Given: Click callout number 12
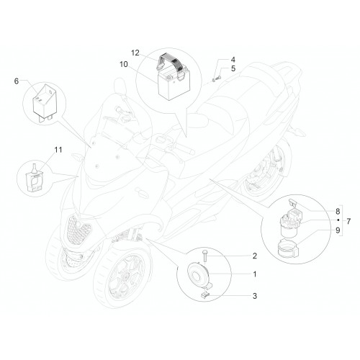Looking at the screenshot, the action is (135, 53).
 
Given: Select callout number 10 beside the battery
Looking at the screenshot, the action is (124, 64).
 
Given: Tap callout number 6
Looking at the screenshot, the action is (17, 81).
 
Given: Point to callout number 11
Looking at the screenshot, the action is (58, 150).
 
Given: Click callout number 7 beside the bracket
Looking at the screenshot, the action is (348, 221).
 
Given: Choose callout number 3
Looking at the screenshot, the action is (255, 296).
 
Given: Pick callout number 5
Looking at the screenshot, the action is (233, 68).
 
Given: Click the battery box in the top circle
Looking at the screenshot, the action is (174, 84).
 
